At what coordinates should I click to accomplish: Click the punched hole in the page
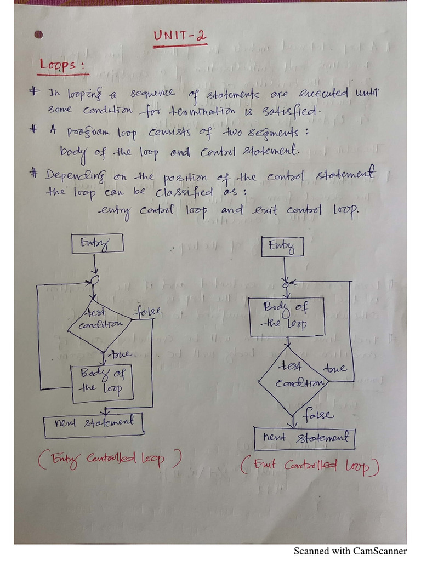click(38, 35)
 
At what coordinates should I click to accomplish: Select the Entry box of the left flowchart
click(97, 244)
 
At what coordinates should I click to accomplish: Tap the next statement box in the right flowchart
click(305, 438)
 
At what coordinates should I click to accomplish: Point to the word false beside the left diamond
click(147, 312)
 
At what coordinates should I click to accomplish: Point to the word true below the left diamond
click(119, 354)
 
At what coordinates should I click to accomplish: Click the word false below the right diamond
click(317, 414)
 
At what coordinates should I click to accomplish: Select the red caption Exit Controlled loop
click(309, 466)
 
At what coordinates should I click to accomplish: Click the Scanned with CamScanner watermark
click(350, 551)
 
